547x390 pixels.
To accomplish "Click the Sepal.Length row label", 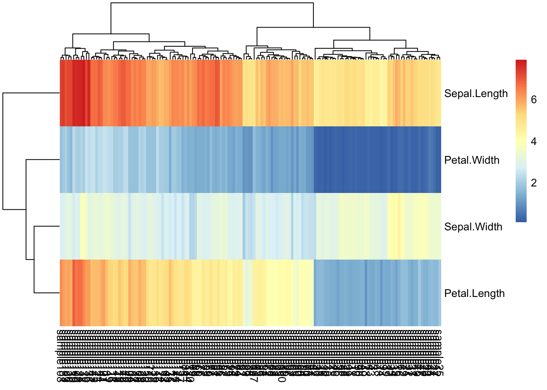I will click(x=476, y=93).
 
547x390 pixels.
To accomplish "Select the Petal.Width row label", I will click(x=472, y=160).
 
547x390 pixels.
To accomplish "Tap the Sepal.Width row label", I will click(x=473, y=227).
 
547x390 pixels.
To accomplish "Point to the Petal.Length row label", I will click(x=474, y=293).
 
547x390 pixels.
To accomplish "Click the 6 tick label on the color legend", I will click(x=534, y=100).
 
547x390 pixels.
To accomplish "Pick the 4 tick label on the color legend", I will click(x=534, y=141).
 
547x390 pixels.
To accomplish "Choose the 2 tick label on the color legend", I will click(x=534, y=183).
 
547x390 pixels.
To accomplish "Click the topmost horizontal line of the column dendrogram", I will click(x=212, y=3).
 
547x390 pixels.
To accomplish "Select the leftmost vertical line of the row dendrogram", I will click(x=3, y=151).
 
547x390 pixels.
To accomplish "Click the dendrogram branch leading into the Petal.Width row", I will click(x=43, y=160).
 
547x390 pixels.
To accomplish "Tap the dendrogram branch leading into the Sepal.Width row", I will click(x=47, y=226).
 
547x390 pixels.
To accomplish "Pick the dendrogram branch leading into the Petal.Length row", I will click(x=47, y=292).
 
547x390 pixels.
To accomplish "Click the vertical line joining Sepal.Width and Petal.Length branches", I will click(x=34, y=259).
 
